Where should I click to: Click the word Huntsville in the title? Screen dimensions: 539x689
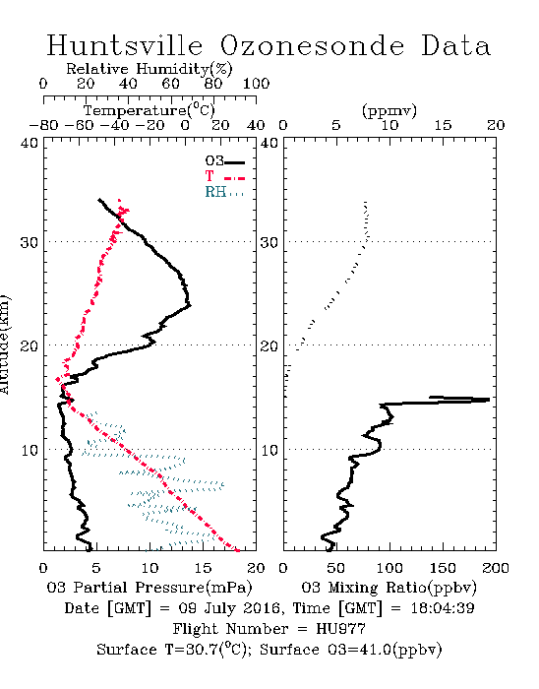click(125, 45)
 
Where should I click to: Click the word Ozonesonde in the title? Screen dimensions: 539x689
click(311, 45)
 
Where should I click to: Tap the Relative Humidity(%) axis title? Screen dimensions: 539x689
click(150, 69)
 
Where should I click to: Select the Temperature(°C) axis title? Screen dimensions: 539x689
click(150, 110)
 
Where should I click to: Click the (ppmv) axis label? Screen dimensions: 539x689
click(389, 110)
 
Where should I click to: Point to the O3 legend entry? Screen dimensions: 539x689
click(224, 161)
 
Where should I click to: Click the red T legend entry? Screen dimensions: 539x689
click(224, 176)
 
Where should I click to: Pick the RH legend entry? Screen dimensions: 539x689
click(224, 192)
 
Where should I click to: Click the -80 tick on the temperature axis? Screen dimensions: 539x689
click(43, 125)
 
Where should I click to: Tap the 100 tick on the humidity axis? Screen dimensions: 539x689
click(256, 84)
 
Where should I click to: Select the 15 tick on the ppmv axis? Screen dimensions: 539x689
click(443, 125)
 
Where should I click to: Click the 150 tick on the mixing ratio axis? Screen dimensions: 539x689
click(443, 568)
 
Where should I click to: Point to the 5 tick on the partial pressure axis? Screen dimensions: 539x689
click(96, 568)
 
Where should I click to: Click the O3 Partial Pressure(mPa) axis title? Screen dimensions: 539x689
click(150, 588)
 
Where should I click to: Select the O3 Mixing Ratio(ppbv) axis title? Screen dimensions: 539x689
click(389, 588)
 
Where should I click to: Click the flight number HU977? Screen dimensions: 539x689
click(340, 629)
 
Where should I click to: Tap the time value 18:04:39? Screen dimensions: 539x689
click(443, 608)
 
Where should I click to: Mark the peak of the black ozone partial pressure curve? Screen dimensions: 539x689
click(190, 304)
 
